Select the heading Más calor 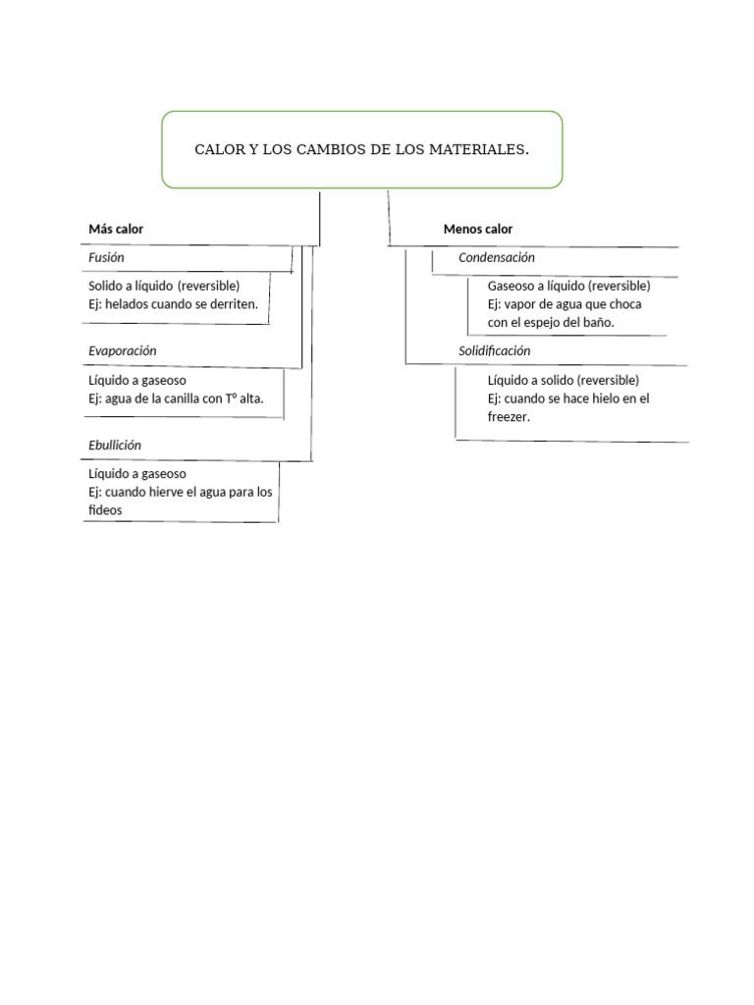(116, 229)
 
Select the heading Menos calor (478, 229)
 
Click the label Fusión (106, 257)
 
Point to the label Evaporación (123, 350)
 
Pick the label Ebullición (115, 445)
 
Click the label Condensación (497, 257)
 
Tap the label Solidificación (495, 350)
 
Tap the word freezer (509, 417)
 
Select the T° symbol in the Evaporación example (233, 397)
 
